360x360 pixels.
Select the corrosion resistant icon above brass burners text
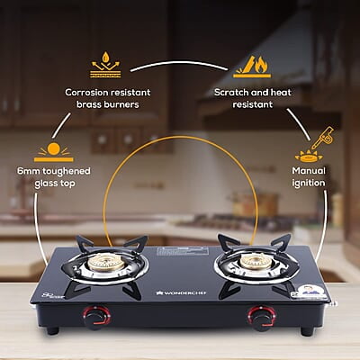tap(105, 66)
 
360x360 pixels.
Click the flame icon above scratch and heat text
tap(252, 66)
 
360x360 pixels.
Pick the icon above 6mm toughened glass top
tap(53, 148)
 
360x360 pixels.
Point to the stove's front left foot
tap(53, 330)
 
